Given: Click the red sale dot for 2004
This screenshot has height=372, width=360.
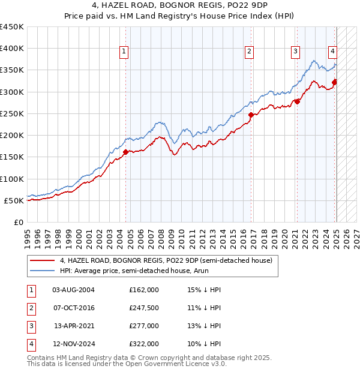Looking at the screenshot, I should click(125, 152).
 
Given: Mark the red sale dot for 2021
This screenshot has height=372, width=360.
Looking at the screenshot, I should click(297, 102).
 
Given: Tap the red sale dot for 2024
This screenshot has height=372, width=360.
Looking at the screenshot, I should click(334, 82).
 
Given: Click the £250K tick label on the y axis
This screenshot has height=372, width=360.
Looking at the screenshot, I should click(12, 113).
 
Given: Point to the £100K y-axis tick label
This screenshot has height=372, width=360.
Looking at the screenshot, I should click(12, 179).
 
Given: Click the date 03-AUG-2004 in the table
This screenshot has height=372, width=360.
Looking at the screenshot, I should click(74, 290).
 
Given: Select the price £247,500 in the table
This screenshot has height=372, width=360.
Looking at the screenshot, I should click(144, 308).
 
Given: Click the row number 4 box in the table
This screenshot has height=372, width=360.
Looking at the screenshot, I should click(31, 344).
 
